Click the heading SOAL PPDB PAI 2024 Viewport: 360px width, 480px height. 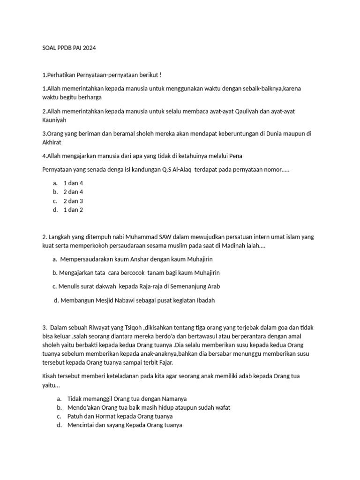(x=68, y=48)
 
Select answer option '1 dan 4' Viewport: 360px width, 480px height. (x=73, y=183)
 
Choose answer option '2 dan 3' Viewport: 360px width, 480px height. (x=73, y=201)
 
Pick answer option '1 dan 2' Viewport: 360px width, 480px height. (x=73, y=210)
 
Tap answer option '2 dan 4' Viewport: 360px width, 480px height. (x=73, y=192)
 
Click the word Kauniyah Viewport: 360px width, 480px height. (x=54, y=120)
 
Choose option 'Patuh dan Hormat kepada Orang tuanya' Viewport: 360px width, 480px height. (x=120, y=416)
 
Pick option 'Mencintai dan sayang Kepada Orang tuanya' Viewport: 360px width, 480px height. (x=125, y=425)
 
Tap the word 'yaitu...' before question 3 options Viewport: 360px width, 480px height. (x=51, y=385)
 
